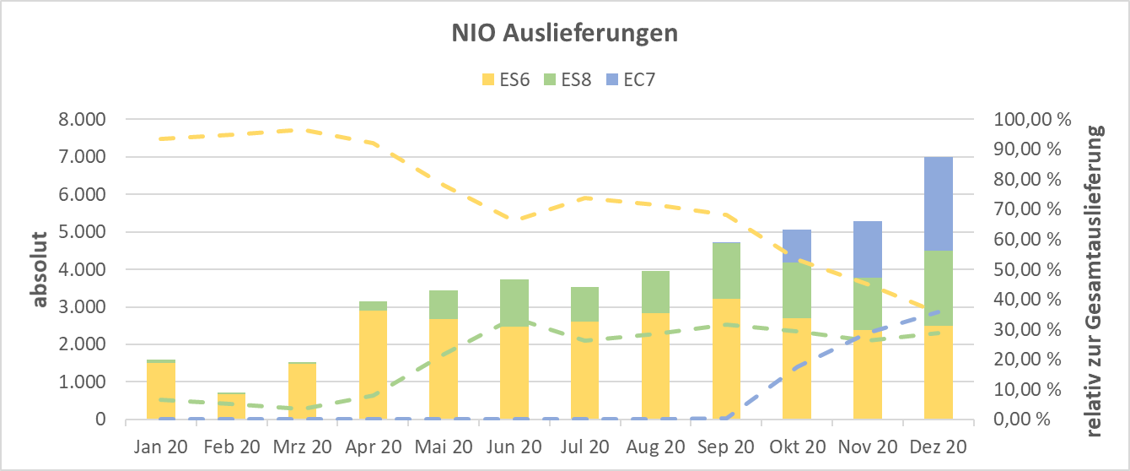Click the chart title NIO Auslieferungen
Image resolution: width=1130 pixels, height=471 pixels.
[x=564, y=34]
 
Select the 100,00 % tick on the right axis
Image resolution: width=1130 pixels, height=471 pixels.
[x=1028, y=120]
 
